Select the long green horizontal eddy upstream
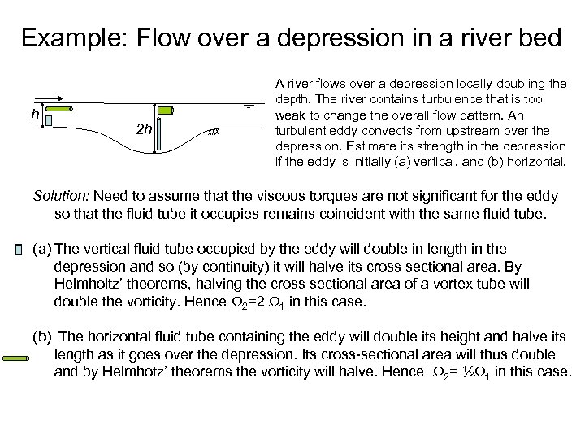click(58, 109)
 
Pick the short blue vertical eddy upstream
click(49, 120)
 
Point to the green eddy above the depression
click(166, 111)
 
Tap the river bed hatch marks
click(215, 130)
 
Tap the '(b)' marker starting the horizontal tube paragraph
click(41, 335)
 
